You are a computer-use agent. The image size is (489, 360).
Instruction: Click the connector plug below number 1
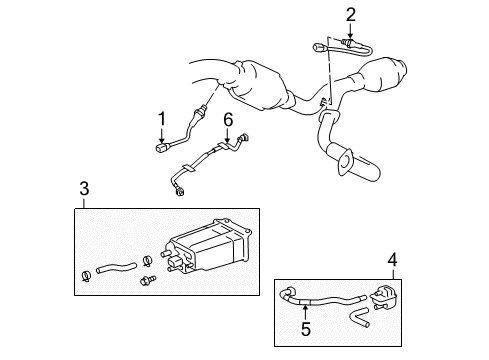click(161, 151)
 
